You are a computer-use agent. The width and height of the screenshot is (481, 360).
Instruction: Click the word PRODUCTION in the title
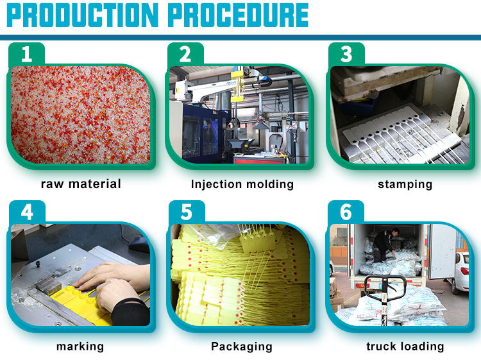[x=82, y=15]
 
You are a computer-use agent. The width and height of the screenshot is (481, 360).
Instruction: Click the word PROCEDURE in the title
[x=239, y=15]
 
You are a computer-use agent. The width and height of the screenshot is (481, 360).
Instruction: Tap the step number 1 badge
[x=27, y=55]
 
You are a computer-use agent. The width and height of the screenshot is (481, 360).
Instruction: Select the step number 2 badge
[x=185, y=55]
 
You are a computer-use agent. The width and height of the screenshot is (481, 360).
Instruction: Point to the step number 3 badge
[x=346, y=55]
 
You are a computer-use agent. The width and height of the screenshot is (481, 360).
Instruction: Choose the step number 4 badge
[x=27, y=212]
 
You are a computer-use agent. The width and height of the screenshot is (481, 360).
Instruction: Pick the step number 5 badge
[x=187, y=212]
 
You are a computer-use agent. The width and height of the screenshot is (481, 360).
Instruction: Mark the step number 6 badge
[x=346, y=212]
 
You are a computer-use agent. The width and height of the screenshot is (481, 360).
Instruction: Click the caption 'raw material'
[x=81, y=184]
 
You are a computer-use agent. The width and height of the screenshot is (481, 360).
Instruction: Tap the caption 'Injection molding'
[x=242, y=184]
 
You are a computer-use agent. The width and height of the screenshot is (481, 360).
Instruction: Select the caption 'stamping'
[x=405, y=184]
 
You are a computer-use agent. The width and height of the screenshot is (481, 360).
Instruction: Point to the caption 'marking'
[x=80, y=347]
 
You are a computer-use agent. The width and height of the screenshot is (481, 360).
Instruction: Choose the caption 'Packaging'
[x=242, y=347]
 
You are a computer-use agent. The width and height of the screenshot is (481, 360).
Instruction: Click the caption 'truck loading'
[x=405, y=346]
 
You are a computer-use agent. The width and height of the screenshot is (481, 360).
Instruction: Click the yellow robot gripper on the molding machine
[x=237, y=87]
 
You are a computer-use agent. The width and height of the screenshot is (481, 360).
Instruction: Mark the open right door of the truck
[x=443, y=251]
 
